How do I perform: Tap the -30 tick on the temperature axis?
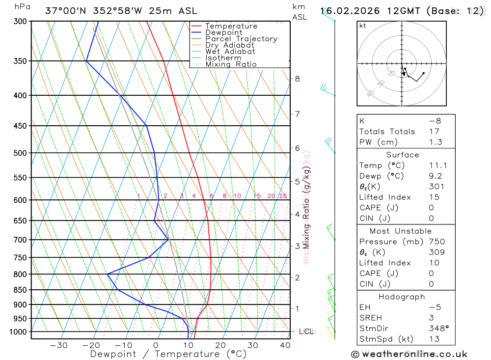click(59, 345)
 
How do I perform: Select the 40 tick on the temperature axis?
click(285, 345)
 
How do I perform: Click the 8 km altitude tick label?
click(297, 79)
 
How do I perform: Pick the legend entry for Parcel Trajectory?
click(241, 39)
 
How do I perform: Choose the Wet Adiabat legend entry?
click(230, 52)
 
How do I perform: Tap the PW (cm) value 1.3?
click(436, 142)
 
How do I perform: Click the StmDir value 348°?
click(438, 329)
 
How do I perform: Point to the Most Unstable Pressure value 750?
click(437, 242)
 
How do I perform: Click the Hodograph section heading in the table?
click(402, 297)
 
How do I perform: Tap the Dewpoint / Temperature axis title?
click(168, 354)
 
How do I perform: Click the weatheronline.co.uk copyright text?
click(409, 354)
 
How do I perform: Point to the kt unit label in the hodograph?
click(363, 26)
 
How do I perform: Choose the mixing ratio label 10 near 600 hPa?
click(237, 196)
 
